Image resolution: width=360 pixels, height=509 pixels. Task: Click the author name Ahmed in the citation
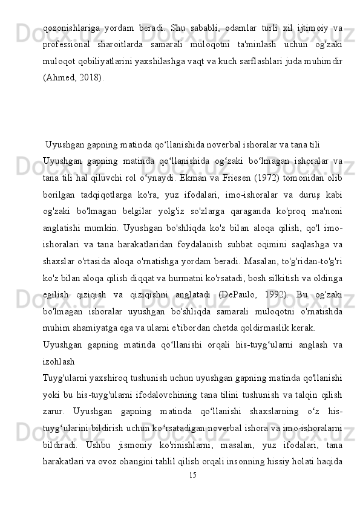(59, 76)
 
